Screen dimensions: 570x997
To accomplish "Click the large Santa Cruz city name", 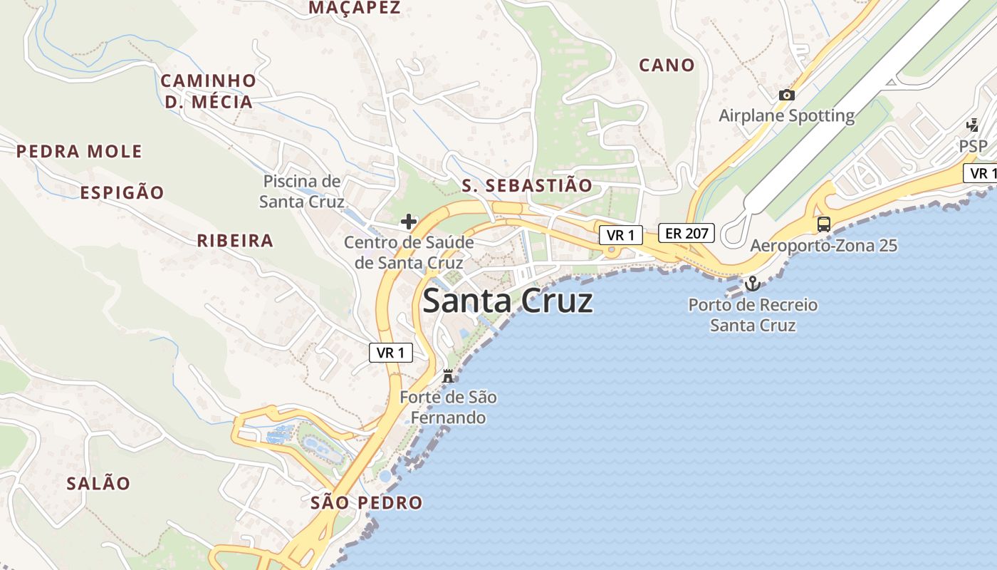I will pyautogui.click(x=507, y=301).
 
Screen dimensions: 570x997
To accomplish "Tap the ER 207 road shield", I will pyautogui.click(x=686, y=233).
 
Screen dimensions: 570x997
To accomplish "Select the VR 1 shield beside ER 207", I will pyautogui.click(x=620, y=235).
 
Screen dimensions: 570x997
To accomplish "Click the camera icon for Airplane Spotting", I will pyautogui.click(x=786, y=95).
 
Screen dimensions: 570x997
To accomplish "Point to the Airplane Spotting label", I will pyautogui.click(x=786, y=115).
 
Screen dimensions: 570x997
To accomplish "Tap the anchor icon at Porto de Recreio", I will pyautogui.click(x=752, y=284).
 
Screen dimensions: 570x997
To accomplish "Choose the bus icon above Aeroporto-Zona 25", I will pyautogui.click(x=823, y=224).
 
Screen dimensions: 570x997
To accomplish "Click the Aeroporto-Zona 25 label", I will pyautogui.click(x=823, y=247).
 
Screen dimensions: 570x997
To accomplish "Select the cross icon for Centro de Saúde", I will pyautogui.click(x=409, y=222).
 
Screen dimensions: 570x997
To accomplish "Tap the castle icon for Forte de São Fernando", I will pyautogui.click(x=448, y=376).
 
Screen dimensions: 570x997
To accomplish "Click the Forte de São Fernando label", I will pyautogui.click(x=448, y=407).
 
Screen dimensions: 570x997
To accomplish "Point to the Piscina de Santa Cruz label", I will pyautogui.click(x=302, y=191).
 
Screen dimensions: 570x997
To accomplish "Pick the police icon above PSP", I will pyautogui.click(x=972, y=125).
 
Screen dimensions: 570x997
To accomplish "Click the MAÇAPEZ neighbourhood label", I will pyautogui.click(x=355, y=8).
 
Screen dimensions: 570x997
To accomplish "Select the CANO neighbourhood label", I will pyautogui.click(x=667, y=66).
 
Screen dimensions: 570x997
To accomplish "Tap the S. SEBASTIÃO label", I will pyautogui.click(x=527, y=186).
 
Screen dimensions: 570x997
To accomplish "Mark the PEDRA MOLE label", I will pyautogui.click(x=79, y=152).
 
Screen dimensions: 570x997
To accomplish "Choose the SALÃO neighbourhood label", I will pyautogui.click(x=98, y=484).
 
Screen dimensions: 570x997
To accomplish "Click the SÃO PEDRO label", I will pyautogui.click(x=367, y=503).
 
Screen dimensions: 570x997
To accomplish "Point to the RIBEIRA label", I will pyautogui.click(x=235, y=241).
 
